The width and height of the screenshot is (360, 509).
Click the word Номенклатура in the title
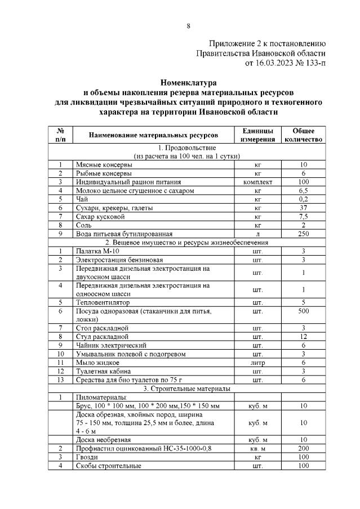click(x=188, y=83)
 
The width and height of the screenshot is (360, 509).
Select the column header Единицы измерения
click(x=257, y=135)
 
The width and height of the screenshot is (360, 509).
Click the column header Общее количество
click(x=303, y=135)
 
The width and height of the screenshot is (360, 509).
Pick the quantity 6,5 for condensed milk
click(x=303, y=191)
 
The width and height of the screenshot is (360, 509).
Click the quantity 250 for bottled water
click(x=303, y=234)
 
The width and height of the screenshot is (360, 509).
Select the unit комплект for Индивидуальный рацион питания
click(x=257, y=182)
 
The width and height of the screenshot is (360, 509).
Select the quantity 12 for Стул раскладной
click(x=303, y=336)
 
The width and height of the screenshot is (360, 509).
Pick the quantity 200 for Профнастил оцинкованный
click(x=303, y=448)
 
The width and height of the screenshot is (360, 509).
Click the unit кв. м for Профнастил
click(x=257, y=448)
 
